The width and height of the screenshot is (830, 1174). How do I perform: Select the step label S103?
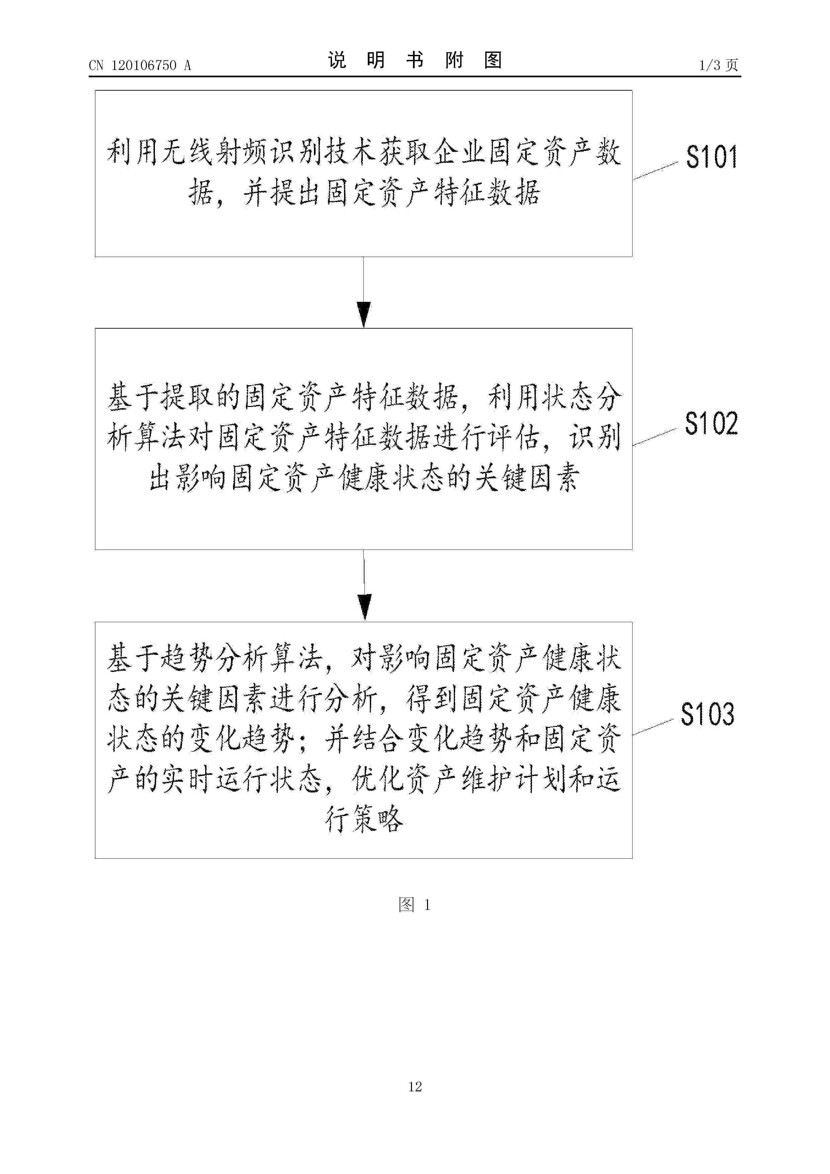point(707,714)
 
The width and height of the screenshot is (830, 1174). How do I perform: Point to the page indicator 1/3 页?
point(719,65)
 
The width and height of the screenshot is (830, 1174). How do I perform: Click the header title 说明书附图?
point(415,60)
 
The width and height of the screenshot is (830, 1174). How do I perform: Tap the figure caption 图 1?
point(415,905)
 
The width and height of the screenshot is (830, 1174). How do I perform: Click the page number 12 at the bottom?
point(415,1087)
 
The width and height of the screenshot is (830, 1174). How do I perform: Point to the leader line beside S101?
point(656,171)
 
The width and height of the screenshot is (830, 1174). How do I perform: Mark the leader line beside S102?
point(655,437)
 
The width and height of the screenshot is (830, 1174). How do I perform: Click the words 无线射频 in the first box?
point(215,152)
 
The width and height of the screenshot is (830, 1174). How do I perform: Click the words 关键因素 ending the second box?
point(527,479)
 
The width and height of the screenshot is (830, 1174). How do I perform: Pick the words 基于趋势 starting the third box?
point(160,659)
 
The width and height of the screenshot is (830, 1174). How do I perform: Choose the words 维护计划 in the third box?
point(514,779)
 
